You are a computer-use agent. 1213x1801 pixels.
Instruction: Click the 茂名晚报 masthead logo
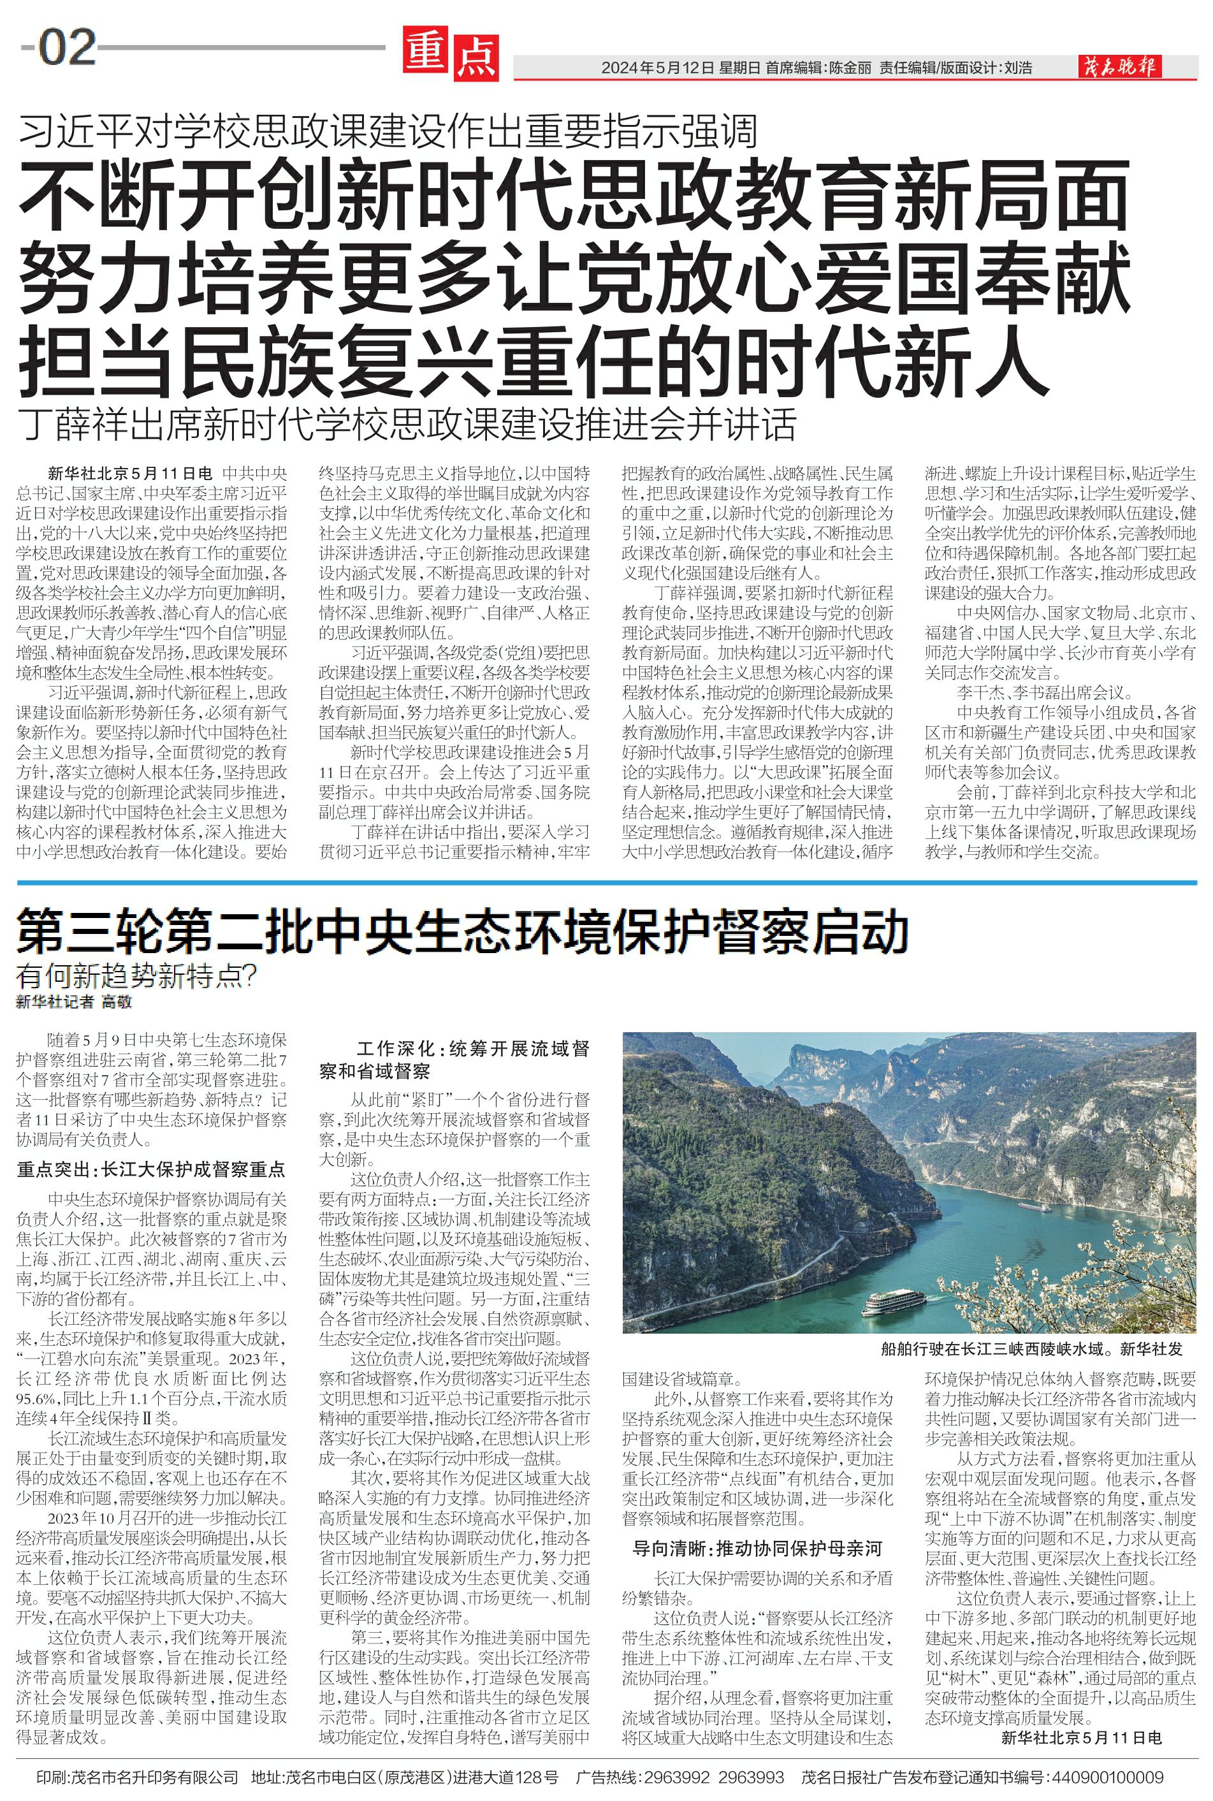(x=1119, y=68)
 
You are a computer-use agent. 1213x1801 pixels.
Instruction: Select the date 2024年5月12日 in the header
(x=658, y=68)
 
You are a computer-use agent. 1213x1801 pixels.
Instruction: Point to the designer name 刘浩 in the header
(x=1017, y=68)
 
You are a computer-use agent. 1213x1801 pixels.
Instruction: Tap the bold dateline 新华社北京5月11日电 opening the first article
(x=129, y=474)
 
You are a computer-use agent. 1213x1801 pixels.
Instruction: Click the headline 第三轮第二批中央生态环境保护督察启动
(x=462, y=932)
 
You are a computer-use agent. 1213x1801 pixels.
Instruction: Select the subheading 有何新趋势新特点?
(x=136, y=977)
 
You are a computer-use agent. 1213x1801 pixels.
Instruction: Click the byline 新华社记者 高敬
(x=75, y=1002)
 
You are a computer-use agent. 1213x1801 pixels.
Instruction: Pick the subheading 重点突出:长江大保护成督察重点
(x=151, y=1169)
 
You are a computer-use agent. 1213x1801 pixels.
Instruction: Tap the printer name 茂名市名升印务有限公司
(x=154, y=1778)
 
